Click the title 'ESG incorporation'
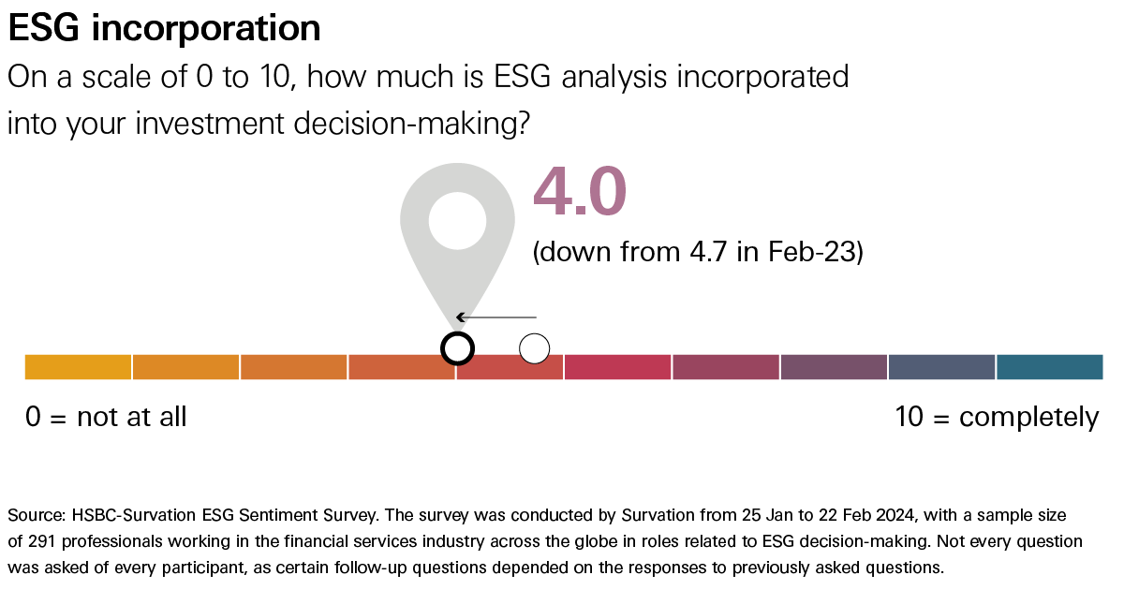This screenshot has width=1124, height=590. tap(165, 28)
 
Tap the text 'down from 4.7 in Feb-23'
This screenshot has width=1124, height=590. tap(697, 253)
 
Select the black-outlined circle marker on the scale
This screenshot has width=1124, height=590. tap(457, 348)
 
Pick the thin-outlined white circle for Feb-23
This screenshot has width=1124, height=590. tap(534, 348)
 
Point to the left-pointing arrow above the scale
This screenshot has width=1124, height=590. tap(495, 317)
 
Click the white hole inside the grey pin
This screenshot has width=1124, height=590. tap(457, 222)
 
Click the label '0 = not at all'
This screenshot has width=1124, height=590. tap(106, 417)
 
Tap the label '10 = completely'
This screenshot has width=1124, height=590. tap(997, 417)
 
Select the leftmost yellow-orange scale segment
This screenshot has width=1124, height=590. tap(78, 367)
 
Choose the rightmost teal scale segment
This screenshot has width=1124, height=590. tap(1049, 367)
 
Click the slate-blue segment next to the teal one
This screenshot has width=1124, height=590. tap(941, 367)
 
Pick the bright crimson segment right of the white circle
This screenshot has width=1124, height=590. tap(617, 367)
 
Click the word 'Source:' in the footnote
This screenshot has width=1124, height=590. tap(35, 516)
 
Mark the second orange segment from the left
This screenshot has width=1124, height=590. tap(185, 367)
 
